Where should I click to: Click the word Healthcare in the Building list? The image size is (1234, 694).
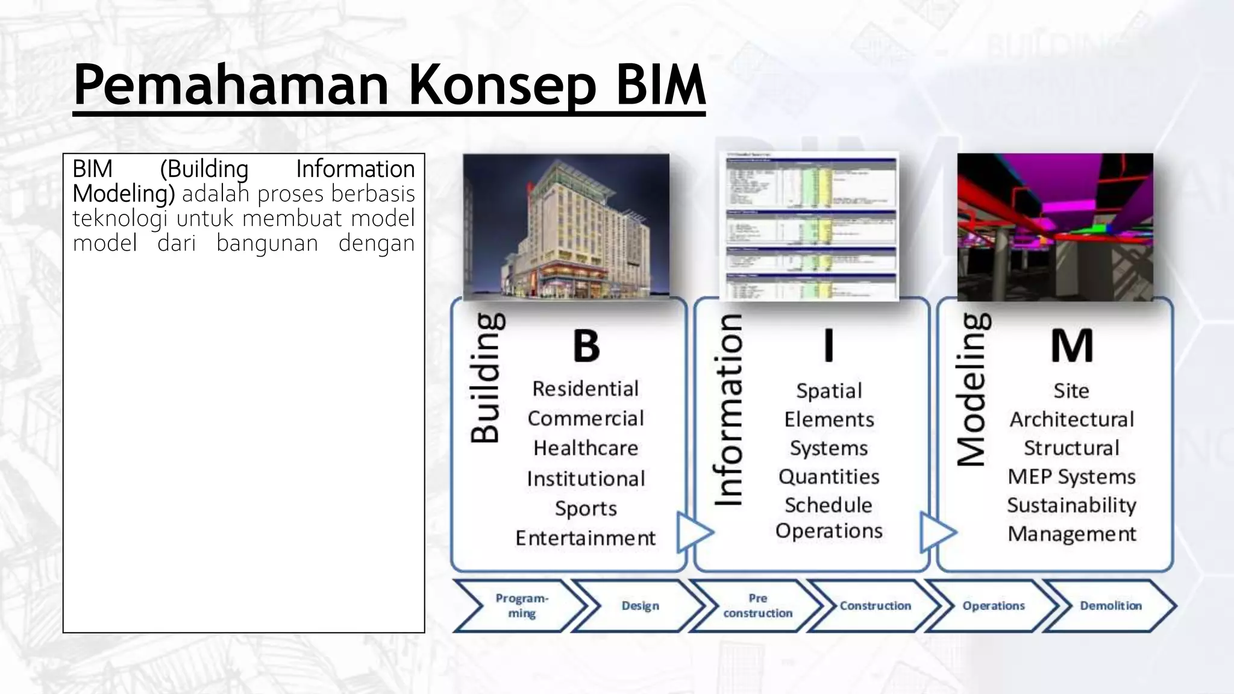[586, 448]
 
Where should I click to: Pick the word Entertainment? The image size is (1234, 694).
[585, 538]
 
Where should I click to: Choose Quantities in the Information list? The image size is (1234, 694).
[829, 477]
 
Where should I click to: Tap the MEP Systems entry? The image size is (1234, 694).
[1071, 477]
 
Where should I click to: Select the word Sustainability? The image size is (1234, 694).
[1071, 505]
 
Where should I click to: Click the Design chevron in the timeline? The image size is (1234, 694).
[640, 605]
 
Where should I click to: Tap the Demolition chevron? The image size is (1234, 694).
[1110, 605]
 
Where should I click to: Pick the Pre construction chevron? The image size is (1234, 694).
[757, 605]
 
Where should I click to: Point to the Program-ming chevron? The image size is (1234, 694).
[521, 605]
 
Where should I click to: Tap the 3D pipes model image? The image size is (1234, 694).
[1054, 227]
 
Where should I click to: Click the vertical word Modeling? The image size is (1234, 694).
[972, 390]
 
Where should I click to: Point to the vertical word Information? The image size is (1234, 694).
[729, 410]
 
